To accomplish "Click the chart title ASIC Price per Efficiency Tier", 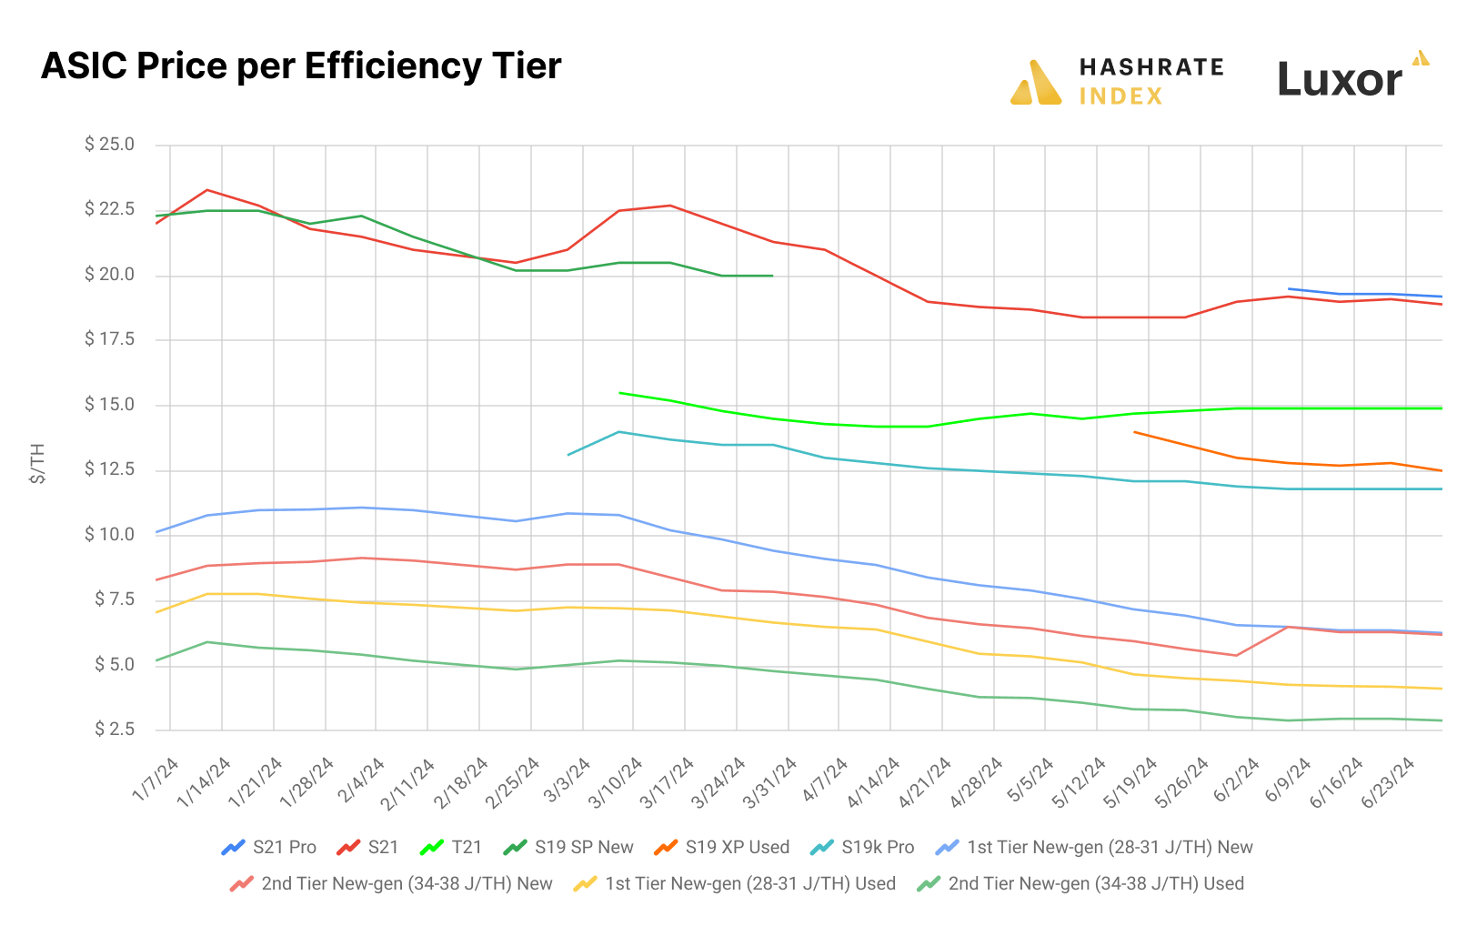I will pyautogui.click(x=301, y=66).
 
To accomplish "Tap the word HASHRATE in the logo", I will pyautogui.click(x=1151, y=67).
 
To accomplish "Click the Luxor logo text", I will pyautogui.click(x=1340, y=80).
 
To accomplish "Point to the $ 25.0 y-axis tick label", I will pyautogui.click(x=109, y=145).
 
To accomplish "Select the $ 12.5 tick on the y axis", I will pyautogui.click(x=109, y=469).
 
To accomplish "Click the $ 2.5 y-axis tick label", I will pyautogui.click(x=114, y=730).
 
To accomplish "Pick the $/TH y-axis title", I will pyautogui.click(x=37, y=463).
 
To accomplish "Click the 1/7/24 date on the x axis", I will pyautogui.click(x=156, y=779).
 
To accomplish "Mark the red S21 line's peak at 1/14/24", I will pyautogui.click(x=208, y=190).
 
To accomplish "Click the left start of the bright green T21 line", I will pyautogui.click(x=619, y=393).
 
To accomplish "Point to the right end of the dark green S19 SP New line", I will pyautogui.click(x=773, y=276).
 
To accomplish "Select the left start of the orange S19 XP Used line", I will pyautogui.click(x=1134, y=432).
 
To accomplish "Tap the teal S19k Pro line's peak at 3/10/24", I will pyautogui.click(x=619, y=432).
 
